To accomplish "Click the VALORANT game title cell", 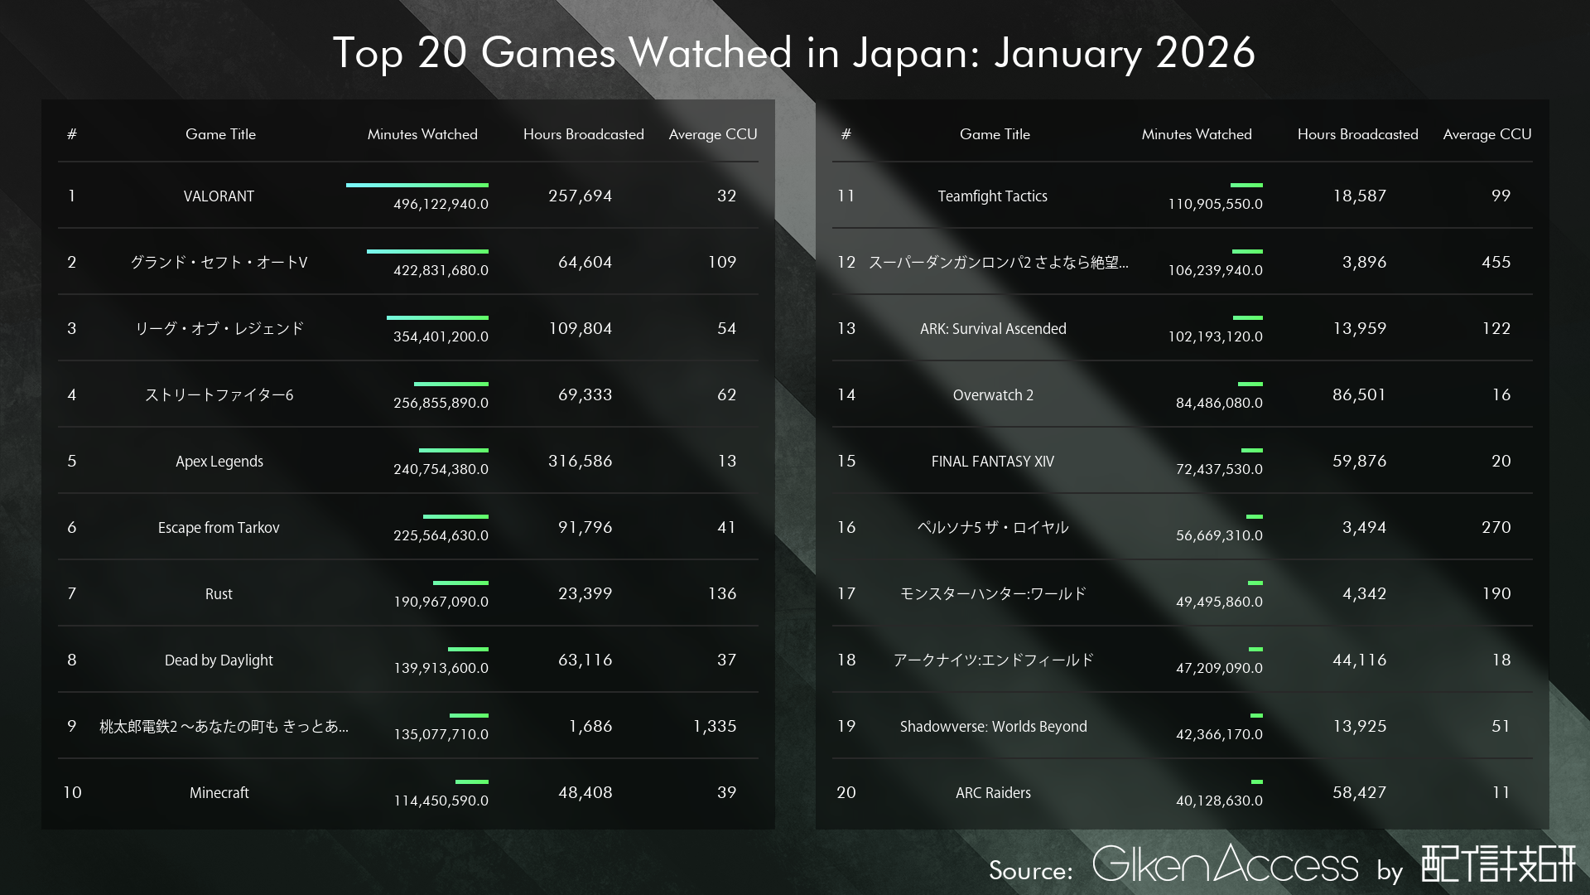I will (219, 196).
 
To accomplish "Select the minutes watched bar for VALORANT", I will (417, 185).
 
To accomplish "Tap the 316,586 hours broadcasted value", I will (580, 461).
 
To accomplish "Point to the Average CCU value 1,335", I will (715, 726).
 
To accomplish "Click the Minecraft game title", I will (219, 793).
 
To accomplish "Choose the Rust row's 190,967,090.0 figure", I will (441, 602).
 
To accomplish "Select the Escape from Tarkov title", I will (219, 528).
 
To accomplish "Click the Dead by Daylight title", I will (219, 660).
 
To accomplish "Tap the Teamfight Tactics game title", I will (992, 196).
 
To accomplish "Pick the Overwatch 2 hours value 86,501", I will (1359, 394).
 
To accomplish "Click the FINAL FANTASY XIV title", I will (992, 462).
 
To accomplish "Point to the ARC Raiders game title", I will (993, 793).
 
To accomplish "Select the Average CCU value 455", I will (1496, 262).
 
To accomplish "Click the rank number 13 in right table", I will (846, 328).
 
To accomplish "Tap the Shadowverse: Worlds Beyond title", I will (993, 727).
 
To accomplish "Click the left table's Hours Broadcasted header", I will (583, 134).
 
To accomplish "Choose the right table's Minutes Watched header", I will (1196, 134).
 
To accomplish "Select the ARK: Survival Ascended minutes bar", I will (1247, 317).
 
